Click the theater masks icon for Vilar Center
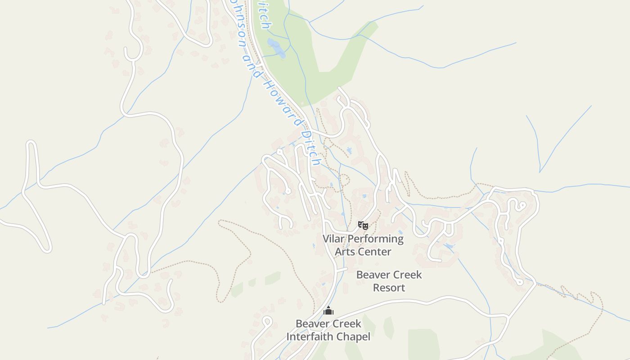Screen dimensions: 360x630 [363, 225]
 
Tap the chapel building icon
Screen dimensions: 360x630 [328, 310]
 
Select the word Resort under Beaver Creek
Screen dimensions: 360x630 [389, 288]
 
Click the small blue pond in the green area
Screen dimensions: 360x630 [275, 48]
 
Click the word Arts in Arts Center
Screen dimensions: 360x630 [345, 252]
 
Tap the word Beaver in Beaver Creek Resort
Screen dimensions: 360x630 [372, 274]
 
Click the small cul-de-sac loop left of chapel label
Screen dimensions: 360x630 [266, 321]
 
